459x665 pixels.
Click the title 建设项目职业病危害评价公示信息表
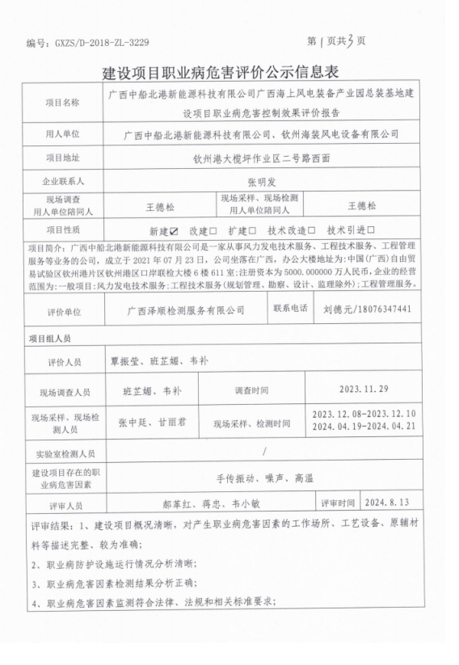tap(229, 74)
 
